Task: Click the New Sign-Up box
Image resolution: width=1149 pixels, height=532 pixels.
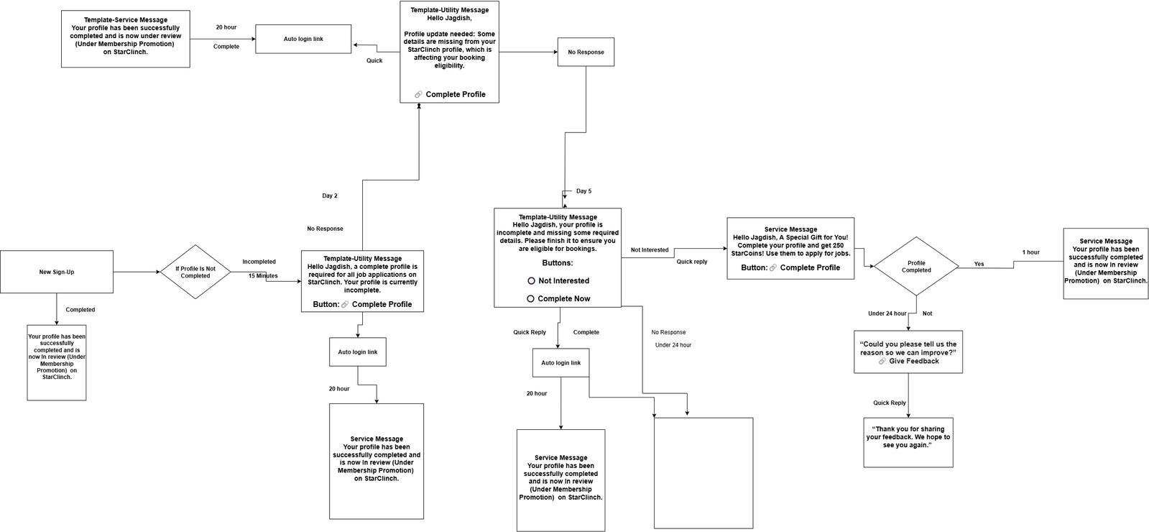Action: [57, 272]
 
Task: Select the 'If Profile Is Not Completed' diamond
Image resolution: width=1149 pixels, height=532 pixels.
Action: [195, 272]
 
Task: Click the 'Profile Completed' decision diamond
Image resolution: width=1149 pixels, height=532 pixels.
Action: [916, 266]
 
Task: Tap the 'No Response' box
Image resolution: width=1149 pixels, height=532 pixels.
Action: [586, 52]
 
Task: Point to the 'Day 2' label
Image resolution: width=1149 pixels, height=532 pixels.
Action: [330, 196]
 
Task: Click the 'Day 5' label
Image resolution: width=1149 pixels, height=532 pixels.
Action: [583, 191]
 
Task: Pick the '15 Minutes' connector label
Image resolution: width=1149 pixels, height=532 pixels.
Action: [263, 276]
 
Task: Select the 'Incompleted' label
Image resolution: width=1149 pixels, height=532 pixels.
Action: [259, 262]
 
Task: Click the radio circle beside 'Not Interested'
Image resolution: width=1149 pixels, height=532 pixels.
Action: [532, 280]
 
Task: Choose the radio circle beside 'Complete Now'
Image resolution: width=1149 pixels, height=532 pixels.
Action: [531, 298]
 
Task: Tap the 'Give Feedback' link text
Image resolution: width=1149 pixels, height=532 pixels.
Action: [914, 361]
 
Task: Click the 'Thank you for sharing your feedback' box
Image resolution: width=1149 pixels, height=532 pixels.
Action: [908, 442]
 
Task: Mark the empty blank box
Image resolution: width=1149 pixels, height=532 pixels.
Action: [703, 473]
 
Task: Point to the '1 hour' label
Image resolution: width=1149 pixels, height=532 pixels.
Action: [1031, 252]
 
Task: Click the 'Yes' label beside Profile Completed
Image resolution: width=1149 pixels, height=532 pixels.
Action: [979, 265]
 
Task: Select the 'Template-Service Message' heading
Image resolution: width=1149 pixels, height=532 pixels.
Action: [126, 20]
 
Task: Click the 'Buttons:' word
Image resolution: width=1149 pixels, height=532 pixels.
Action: [558, 262]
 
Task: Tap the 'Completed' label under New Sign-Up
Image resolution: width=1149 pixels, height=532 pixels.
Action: [80, 310]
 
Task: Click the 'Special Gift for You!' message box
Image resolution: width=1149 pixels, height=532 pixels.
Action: [790, 248]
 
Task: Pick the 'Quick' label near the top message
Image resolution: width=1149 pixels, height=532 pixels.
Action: [374, 60]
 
